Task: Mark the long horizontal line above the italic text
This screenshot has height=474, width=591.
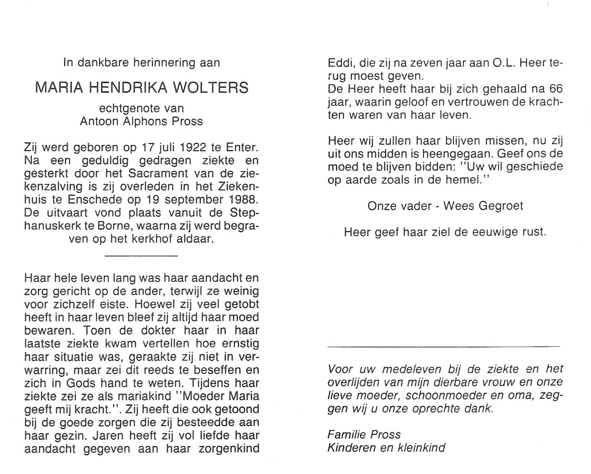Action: click(x=443, y=346)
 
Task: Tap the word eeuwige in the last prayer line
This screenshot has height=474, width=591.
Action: click(x=484, y=232)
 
